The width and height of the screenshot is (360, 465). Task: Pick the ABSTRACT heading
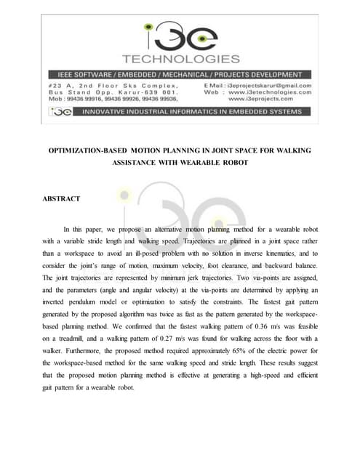pyautogui.click(x=61, y=198)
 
